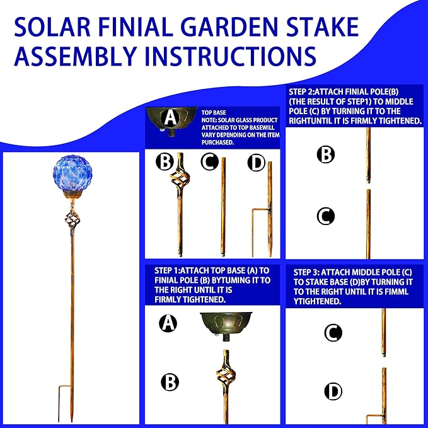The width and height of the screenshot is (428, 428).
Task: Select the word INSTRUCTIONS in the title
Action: click(226, 55)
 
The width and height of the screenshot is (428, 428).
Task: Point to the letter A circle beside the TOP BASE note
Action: click(170, 117)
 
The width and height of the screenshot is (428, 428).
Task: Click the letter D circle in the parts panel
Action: click(256, 163)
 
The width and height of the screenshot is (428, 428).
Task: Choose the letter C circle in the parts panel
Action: click(209, 163)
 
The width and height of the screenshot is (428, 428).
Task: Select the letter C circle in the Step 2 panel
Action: click(325, 216)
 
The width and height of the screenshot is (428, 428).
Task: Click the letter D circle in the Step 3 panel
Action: click(333, 391)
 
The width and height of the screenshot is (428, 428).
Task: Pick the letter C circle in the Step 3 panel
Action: click(333, 333)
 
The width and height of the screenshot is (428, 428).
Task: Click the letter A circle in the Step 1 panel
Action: click(168, 323)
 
